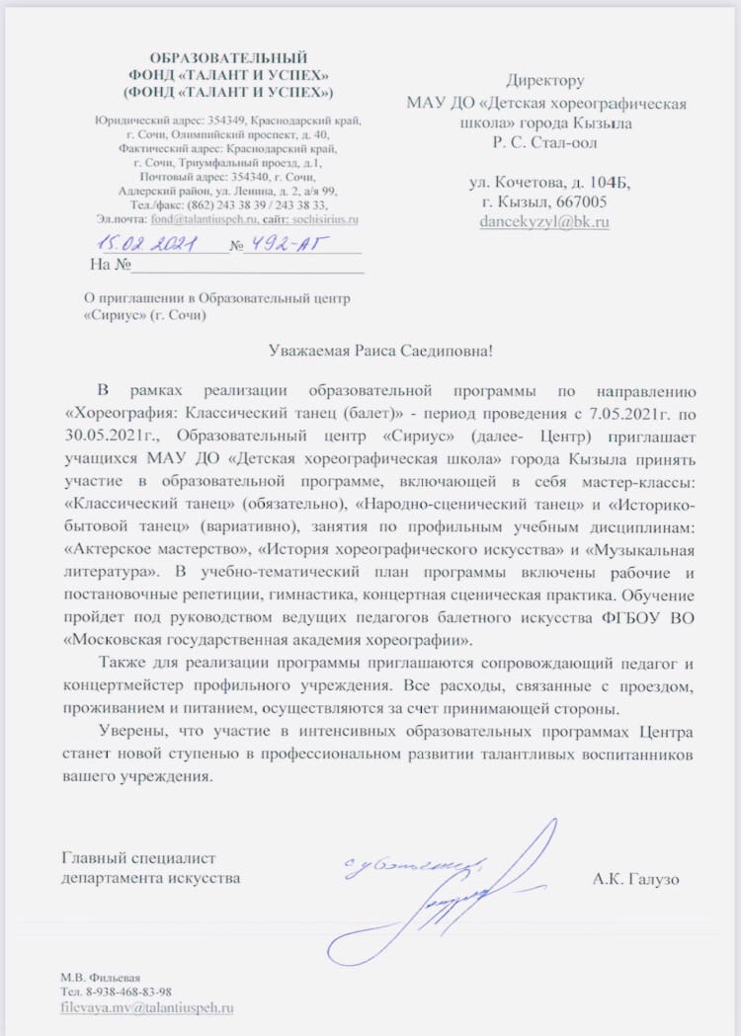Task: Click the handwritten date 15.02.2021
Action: point(148,243)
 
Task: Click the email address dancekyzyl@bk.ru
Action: point(543,222)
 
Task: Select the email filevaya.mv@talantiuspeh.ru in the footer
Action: point(147,1007)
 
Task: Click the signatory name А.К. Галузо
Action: point(636,878)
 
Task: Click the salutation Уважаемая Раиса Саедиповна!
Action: point(380,351)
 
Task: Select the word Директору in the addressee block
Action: point(544,81)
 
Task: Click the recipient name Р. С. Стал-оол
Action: point(544,142)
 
